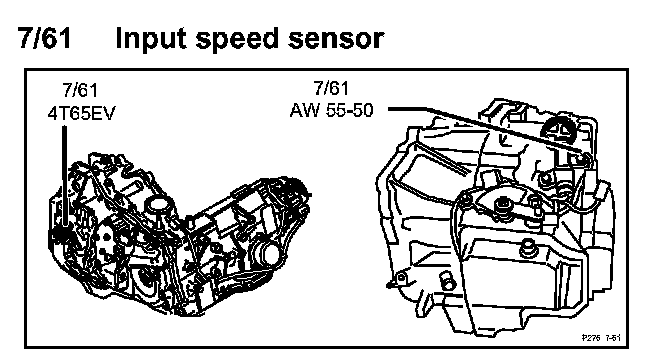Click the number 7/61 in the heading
pos(44,38)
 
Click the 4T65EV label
pos(81,114)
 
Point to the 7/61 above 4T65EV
pos(80,90)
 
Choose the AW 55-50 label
pos(331,111)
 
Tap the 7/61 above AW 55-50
pos(331,88)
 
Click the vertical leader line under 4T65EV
pos(64,175)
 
